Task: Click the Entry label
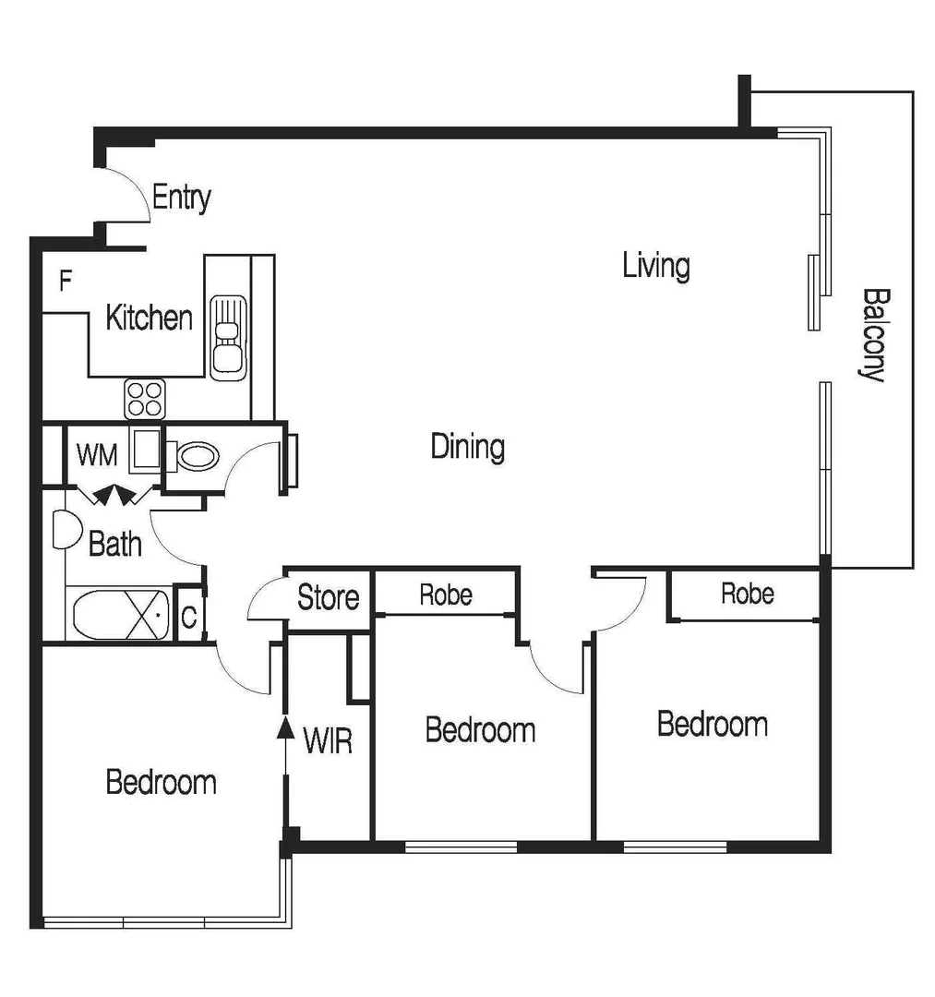pyautogui.click(x=181, y=198)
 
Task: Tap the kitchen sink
pyautogui.click(x=226, y=336)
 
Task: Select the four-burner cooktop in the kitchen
pyautogui.click(x=145, y=399)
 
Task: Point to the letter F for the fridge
pyautogui.click(x=66, y=281)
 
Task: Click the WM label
pyautogui.click(x=97, y=454)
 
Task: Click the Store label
pyautogui.click(x=328, y=598)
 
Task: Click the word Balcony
pyautogui.click(x=874, y=335)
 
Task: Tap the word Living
pyautogui.click(x=655, y=266)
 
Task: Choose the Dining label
pyautogui.click(x=468, y=448)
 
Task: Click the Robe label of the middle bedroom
pyautogui.click(x=445, y=595)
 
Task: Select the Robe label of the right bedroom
pyautogui.click(x=747, y=593)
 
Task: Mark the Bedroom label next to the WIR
pyautogui.click(x=161, y=782)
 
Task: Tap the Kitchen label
pyautogui.click(x=149, y=318)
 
